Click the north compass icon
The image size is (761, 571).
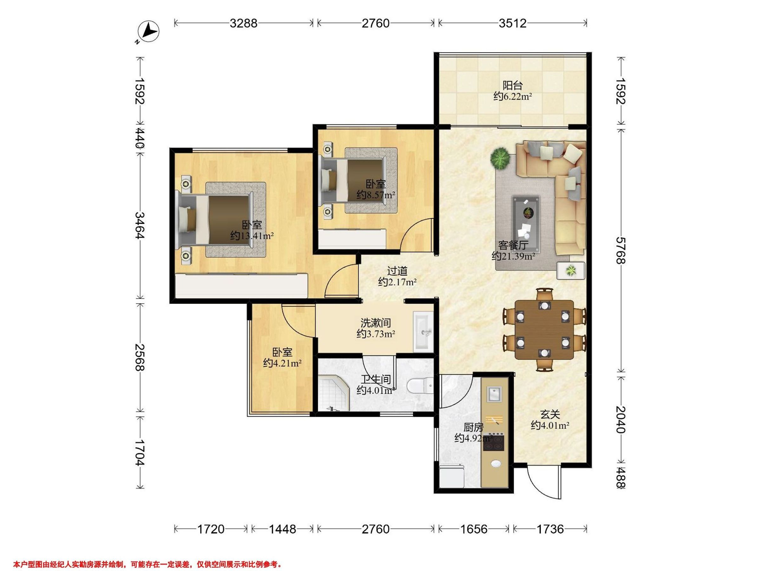click(148, 32)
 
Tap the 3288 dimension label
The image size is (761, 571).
click(244, 23)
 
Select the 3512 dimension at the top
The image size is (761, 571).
click(513, 23)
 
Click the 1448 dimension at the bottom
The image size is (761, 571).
click(282, 529)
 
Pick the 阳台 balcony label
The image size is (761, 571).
click(513, 85)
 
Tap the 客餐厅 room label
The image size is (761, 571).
click(513, 245)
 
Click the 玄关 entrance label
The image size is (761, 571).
click(550, 414)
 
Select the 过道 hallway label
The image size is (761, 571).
click(397, 271)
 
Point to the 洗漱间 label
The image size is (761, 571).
click(376, 323)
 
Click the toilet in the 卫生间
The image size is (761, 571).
click(420, 386)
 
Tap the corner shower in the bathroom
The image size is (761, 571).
click(333, 393)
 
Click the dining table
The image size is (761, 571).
click(544, 330)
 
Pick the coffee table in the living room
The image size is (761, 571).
click(526, 222)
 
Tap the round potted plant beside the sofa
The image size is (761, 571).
click(500, 159)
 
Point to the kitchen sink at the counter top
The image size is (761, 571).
click(494, 394)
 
